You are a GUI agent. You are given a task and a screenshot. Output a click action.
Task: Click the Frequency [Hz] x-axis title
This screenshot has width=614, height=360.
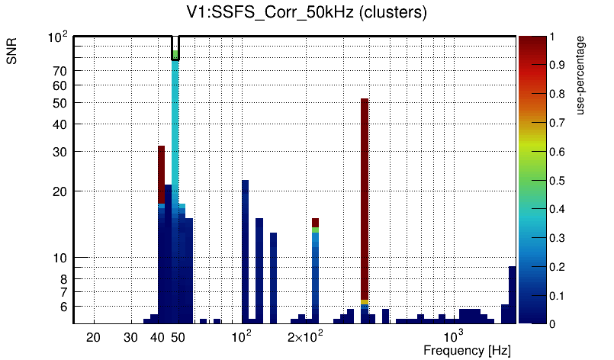click(x=467, y=351)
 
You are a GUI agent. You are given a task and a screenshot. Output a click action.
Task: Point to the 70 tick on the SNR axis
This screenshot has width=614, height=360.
click(x=60, y=71)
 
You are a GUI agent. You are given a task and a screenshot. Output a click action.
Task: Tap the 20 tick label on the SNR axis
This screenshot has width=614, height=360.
click(x=60, y=191)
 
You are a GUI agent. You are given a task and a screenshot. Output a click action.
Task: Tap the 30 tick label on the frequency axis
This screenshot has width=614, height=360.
click(x=131, y=337)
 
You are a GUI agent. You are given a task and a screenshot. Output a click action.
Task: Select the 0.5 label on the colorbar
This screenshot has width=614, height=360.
click(x=557, y=181)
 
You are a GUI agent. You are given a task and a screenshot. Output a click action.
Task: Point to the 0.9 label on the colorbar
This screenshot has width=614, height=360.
click(x=557, y=66)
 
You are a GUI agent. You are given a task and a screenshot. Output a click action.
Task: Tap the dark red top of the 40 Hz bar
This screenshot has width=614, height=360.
click(x=162, y=174)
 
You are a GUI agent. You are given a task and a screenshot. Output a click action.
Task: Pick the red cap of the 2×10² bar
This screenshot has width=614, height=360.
click(x=315, y=222)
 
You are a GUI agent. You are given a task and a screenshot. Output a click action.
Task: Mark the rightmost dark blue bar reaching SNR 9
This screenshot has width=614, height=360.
click(x=513, y=294)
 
